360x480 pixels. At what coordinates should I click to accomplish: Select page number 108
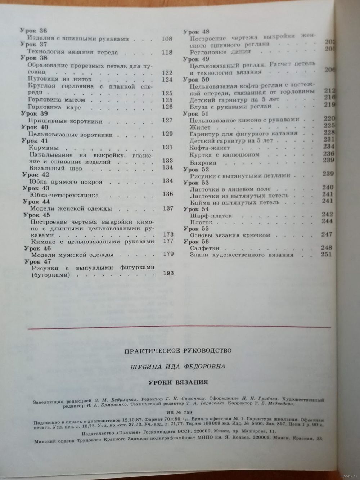[x=167, y=39]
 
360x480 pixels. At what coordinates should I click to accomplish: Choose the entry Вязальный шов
[x=51, y=168]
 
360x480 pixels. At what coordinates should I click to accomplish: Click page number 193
[x=168, y=273]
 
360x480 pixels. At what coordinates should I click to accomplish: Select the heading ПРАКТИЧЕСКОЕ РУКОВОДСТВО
[x=178, y=350]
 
